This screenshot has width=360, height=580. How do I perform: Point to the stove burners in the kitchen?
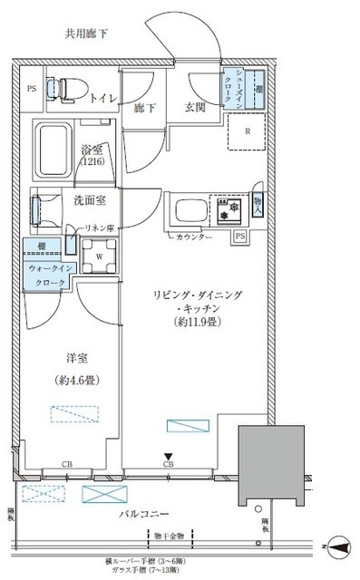pos(228,208)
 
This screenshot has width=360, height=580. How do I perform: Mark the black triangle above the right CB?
pos(167,457)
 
